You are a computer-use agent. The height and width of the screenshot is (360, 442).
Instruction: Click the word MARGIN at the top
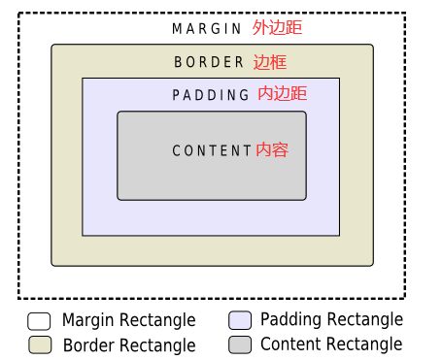[x=206, y=29]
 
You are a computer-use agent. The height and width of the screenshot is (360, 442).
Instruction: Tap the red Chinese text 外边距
[x=277, y=28]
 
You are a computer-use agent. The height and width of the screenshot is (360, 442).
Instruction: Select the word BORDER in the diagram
[x=209, y=63]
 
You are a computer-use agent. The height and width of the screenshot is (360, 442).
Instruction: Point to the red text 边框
[x=270, y=62]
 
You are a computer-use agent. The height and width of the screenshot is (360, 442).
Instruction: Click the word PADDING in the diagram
[x=211, y=95]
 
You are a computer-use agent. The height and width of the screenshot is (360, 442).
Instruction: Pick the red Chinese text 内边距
[x=283, y=94]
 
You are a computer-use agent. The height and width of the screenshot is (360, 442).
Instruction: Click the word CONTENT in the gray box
[x=212, y=151]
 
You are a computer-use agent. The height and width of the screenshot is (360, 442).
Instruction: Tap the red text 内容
[x=272, y=150]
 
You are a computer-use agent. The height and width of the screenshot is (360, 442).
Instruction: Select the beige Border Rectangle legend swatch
[x=39, y=345]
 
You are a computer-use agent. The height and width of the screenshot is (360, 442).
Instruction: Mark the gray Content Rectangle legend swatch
[x=240, y=345]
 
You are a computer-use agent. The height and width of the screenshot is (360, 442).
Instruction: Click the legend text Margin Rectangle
[x=128, y=320]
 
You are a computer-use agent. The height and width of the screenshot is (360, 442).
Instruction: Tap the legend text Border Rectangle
[x=128, y=345]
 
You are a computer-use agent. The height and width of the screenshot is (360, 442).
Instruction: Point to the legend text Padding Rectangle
[x=331, y=320]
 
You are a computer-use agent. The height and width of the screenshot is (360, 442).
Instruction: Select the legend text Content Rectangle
[x=330, y=344]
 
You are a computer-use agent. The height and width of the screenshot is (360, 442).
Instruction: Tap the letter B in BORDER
[x=179, y=63]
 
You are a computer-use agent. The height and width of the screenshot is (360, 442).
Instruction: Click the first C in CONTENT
[x=176, y=151]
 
